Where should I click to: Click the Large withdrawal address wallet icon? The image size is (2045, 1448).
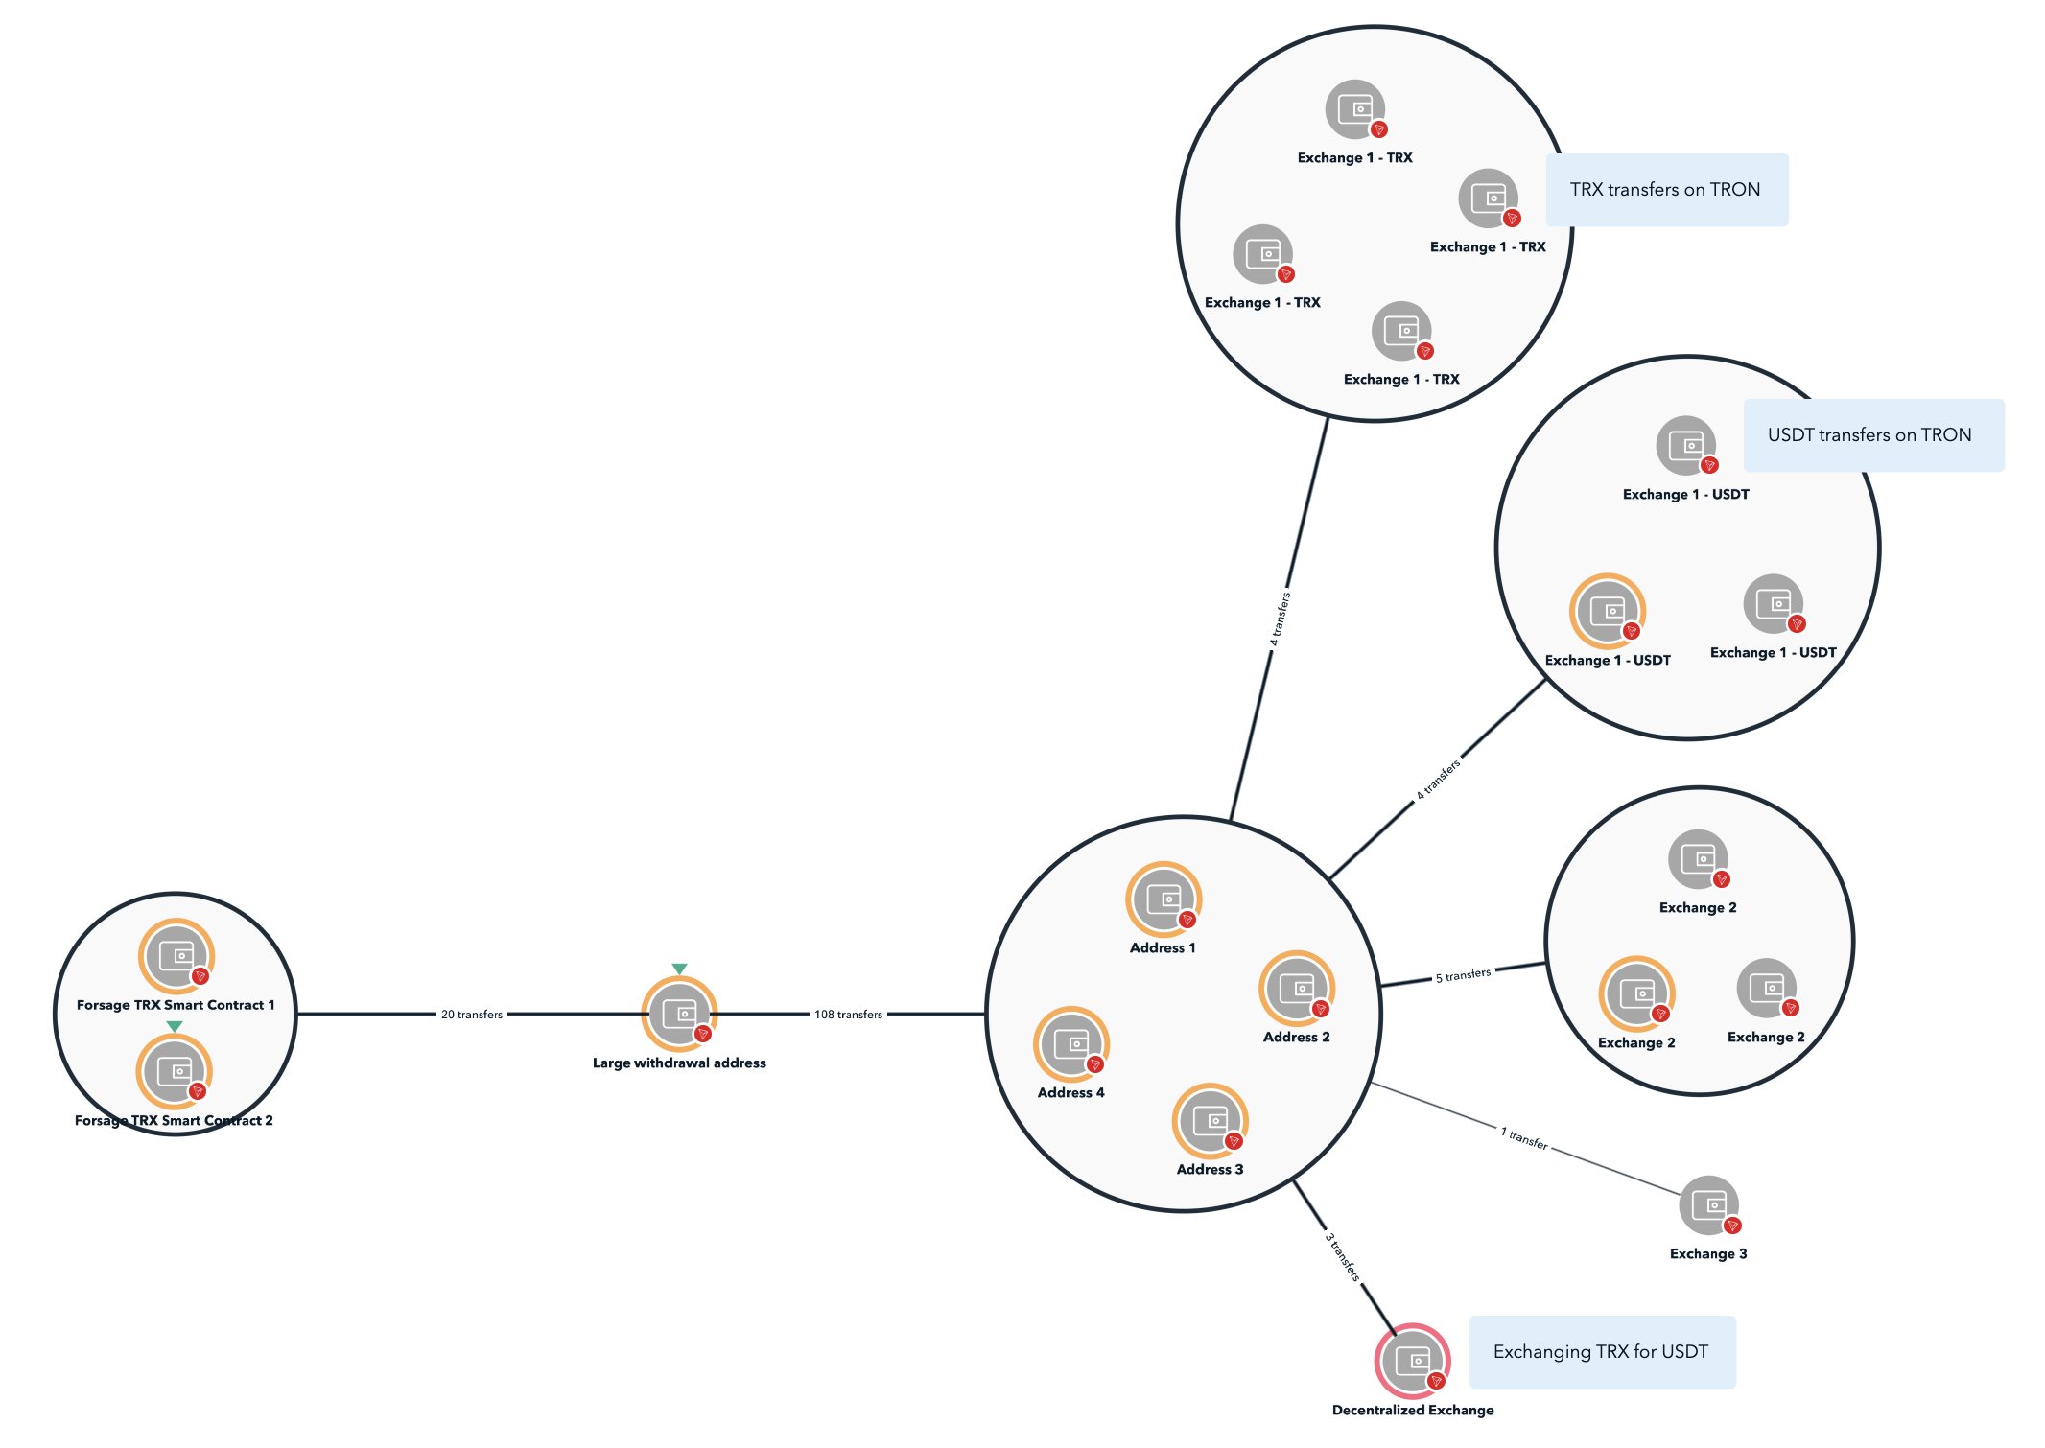point(679,1014)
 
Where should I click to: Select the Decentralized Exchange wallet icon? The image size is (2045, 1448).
point(1412,1361)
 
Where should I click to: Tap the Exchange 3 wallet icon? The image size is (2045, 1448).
point(1708,1205)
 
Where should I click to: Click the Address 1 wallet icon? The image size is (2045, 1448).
point(1163,899)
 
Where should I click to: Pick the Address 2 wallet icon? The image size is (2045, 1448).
point(1297,988)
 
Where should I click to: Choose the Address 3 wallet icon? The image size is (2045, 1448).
point(1210,1120)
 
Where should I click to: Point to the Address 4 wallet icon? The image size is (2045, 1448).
point(1070,1043)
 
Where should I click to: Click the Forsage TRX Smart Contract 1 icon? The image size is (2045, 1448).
point(176,956)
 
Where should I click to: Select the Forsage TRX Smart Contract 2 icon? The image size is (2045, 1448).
point(174,1071)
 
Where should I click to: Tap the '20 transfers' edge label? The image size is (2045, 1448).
point(471,1015)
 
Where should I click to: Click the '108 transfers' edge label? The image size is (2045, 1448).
point(848,1015)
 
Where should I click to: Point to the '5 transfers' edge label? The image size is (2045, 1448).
point(1463,975)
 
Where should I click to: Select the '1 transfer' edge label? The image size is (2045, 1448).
point(1523,1137)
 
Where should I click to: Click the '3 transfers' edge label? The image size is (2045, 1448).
point(1342,1256)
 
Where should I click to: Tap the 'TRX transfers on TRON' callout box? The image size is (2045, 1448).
point(1666,190)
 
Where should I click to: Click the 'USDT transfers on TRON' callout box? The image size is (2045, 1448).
point(1872,435)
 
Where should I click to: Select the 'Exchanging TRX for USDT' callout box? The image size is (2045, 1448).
point(1602,1352)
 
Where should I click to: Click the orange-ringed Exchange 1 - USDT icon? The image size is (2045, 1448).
point(1607,611)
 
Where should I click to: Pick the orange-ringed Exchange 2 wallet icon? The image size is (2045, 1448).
point(1636,993)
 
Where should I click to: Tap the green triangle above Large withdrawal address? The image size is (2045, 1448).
point(679,969)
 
